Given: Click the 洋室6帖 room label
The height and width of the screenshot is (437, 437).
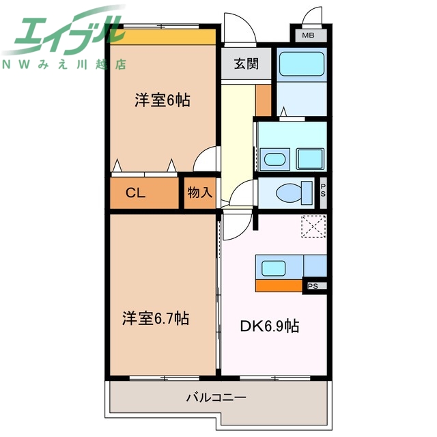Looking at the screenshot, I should pyautogui.click(x=162, y=100).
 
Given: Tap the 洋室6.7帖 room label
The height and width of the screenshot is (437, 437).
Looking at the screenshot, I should pyautogui.click(x=156, y=318).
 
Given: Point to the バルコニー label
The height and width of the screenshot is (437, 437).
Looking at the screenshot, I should pyautogui.click(x=216, y=397).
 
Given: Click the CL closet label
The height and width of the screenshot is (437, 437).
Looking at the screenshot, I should pyautogui.click(x=135, y=193).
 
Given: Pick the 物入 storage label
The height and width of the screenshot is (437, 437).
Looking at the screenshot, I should pyautogui.click(x=199, y=193).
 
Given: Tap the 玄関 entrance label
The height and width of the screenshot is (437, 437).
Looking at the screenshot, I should pyautogui.click(x=245, y=65).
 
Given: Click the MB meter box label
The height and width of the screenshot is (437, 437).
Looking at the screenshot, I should pyautogui.click(x=310, y=36).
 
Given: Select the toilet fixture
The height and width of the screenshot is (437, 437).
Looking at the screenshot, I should pyautogui.click(x=290, y=194).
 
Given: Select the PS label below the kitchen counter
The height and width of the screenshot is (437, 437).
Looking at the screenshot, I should pyautogui.click(x=313, y=286).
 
